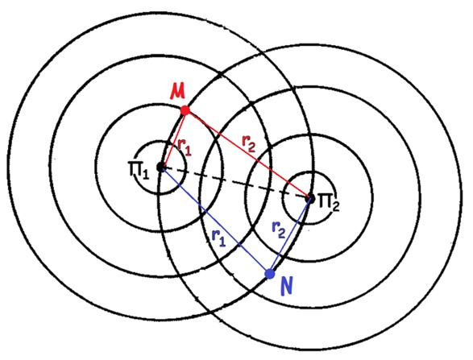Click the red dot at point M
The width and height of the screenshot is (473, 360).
(185, 110)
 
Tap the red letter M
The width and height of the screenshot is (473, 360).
(177, 92)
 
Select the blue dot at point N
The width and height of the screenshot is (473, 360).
(270, 274)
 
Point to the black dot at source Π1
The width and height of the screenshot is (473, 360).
(160, 166)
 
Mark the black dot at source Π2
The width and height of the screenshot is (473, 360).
(310, 199)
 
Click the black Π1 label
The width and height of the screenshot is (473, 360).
(139, 171)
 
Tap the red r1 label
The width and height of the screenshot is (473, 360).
(185, 147)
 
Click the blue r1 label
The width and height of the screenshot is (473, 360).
(218, 238)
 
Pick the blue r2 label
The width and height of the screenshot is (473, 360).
(278, 230)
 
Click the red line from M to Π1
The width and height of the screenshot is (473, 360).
(173, 139)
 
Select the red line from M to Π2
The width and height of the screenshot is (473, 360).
(247, 155)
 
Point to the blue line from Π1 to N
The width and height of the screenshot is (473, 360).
(215, 220)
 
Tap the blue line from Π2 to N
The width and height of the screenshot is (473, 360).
(290, 237)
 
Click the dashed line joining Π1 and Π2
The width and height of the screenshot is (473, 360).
(235, 182)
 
